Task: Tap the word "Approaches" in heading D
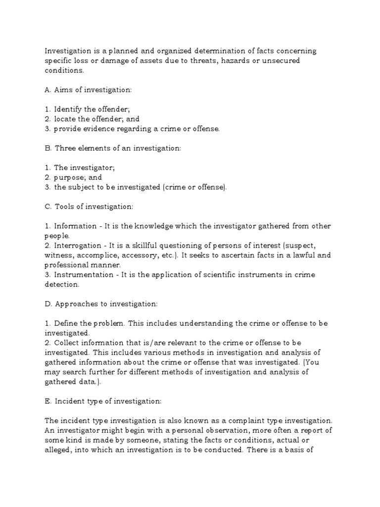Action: [x=77, y=304]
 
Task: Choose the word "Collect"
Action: [x=67, y=342]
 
